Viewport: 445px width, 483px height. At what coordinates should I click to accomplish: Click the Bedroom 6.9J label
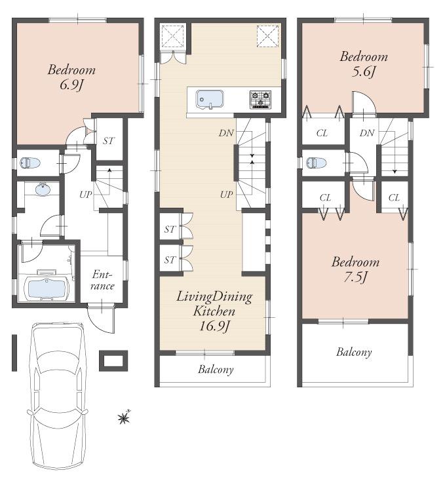click(x=71, y=76)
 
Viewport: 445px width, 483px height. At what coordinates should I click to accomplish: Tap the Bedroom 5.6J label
click(x=363, y=64)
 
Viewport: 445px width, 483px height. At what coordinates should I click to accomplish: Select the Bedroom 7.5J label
click(x=355, y=269)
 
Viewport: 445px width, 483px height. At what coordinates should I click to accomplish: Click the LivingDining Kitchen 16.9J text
click(x=214, y=311)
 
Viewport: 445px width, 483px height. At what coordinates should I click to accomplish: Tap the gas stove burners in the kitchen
click(x=260, y=100)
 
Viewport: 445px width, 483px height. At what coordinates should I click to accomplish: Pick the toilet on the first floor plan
click(x=29, y=163)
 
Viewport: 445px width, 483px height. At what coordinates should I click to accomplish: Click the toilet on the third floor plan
click(x=316, y=163)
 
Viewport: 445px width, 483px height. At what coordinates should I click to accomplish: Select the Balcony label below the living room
click(x=216, y=369)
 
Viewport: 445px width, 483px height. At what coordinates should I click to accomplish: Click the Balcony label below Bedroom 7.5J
click(x=354, y=352)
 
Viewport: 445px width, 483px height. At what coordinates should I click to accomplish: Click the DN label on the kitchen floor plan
click(x=226, y=132)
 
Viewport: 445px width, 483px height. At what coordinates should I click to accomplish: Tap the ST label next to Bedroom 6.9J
click(x=109, y=140)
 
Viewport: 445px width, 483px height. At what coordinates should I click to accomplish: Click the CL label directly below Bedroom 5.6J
click(x=322, y=133)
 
